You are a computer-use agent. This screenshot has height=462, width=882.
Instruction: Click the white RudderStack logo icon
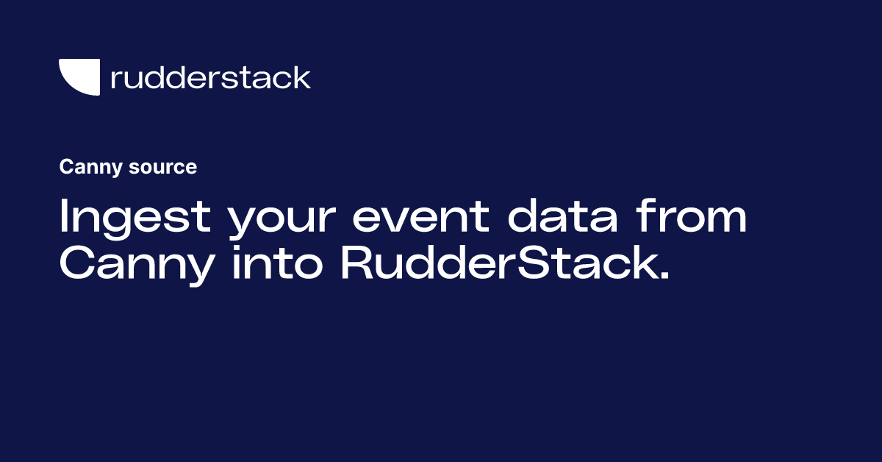(79, 77)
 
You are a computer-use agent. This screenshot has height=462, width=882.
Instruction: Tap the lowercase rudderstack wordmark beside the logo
(210, 77)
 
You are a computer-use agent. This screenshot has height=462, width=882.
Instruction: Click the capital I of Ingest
(64, 218)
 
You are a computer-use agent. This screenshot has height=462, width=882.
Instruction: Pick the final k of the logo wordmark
(302, 77)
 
